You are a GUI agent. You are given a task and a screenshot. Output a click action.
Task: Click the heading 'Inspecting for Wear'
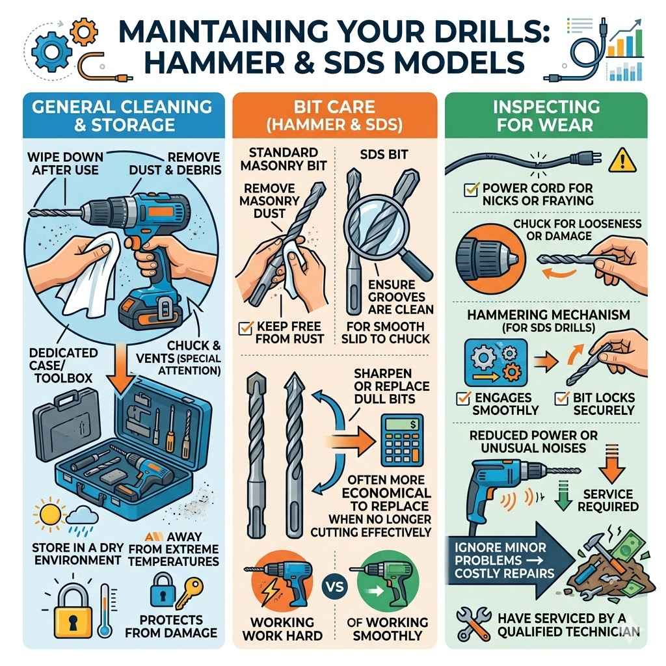[x=546, y=115]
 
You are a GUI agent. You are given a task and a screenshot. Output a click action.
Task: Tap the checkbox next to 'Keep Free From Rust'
[x=246, y=327]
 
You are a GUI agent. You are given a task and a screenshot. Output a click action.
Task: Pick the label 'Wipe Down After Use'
[x=66, y=163]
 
